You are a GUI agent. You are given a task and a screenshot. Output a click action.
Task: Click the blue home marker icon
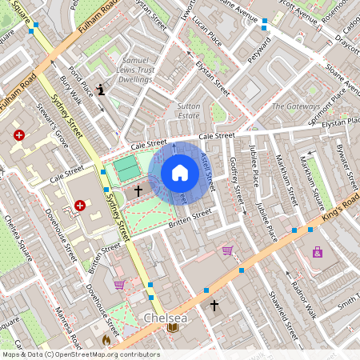(x=180, y=173)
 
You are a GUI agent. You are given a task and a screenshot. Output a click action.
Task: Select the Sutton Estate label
(x=188, y=110)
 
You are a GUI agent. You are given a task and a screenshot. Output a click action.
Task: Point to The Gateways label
(x=295, y=106)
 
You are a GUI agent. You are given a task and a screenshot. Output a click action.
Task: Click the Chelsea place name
(x=165, y=318)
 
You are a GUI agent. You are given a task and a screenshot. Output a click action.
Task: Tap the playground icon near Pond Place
(x=100, y=89)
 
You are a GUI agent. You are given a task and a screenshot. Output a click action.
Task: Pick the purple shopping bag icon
(x=318, y=252)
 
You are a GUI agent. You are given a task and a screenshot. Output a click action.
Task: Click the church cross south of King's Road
(x=214, y=306)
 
